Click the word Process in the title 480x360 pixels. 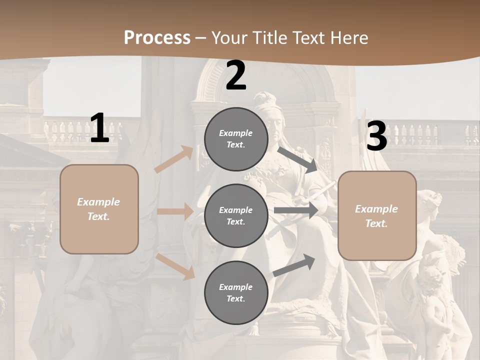157,37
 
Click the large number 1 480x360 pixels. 99,128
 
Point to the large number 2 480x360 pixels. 236,75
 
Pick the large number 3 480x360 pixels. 376,136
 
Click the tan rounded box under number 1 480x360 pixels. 99,209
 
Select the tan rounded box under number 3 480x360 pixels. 377,215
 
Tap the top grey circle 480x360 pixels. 236,139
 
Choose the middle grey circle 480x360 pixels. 236,215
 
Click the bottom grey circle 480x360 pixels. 236,292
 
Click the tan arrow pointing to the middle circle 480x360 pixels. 175,211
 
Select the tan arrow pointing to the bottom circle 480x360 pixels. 175,266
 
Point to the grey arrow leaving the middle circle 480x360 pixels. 296,210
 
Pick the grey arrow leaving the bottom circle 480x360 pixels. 294,265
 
